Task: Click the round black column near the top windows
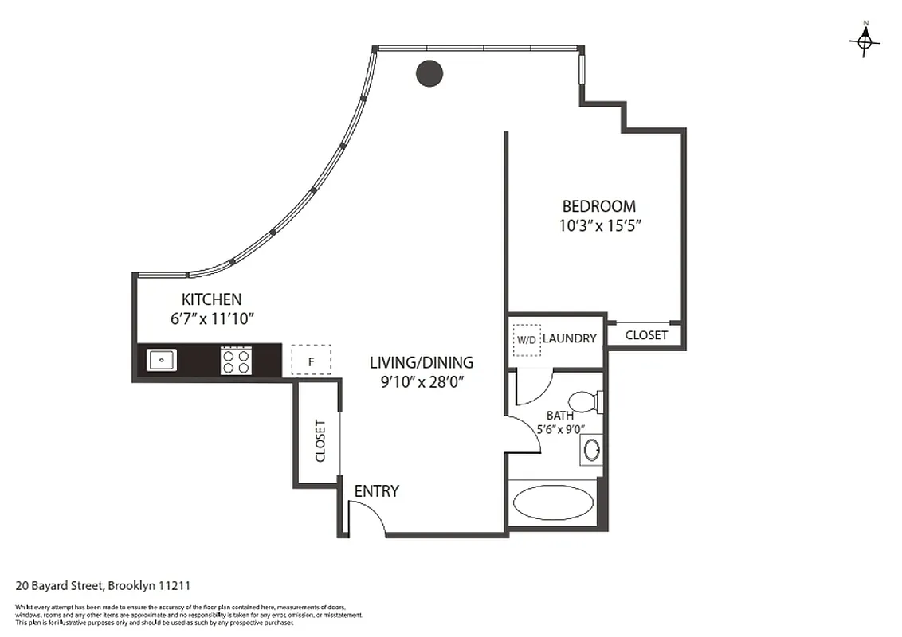coord(429,73)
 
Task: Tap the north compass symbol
coord(865,41)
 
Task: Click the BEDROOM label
coord(598,206)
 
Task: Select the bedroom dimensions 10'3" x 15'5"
coord(599,225)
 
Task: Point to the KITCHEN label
coord(211,299)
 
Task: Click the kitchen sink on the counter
coord(162,360)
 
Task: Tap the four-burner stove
coord(237,361)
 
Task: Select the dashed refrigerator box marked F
coord(311,360)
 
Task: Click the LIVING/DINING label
coord(421,362)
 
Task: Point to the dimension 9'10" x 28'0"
coord(422,381)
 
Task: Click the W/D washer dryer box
coord(527,339)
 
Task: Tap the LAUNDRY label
coord(569,338)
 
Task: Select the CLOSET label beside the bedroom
coord(646,335)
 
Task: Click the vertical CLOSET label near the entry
coord(320,440)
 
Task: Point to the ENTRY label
coord(376,491)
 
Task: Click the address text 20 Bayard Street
coord(103,586)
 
